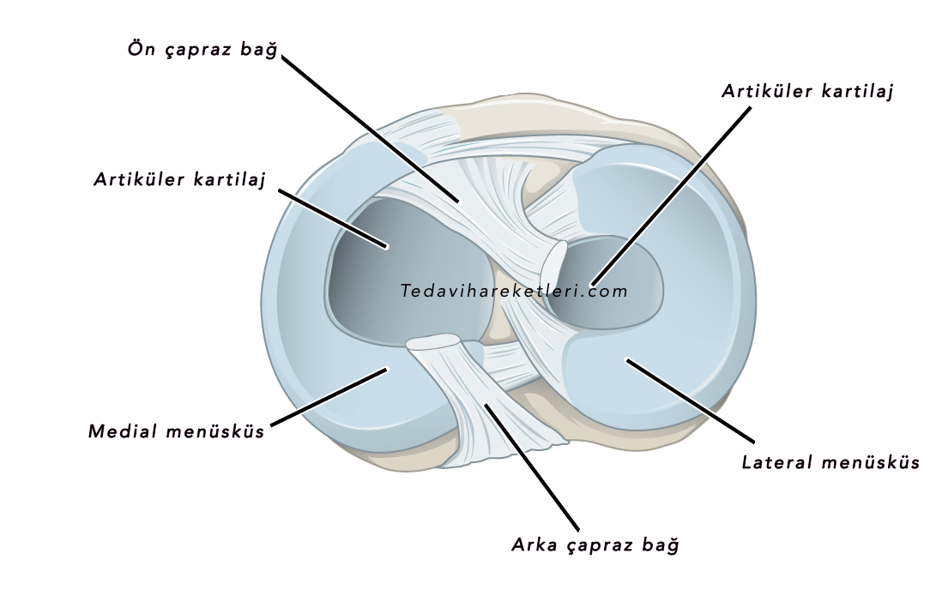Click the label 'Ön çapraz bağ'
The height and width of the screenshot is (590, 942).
[202, 50]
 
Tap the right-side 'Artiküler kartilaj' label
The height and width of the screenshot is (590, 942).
[807, 91]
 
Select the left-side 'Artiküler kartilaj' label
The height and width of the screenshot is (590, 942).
[180, 180]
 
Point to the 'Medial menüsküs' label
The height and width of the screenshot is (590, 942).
[177, 430]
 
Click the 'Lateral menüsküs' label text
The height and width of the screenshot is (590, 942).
[830, 463]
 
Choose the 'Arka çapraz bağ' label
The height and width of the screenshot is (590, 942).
[595, 545]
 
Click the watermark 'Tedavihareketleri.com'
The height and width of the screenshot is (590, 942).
[514, 291]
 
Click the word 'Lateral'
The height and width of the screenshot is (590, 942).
[776, 463]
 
